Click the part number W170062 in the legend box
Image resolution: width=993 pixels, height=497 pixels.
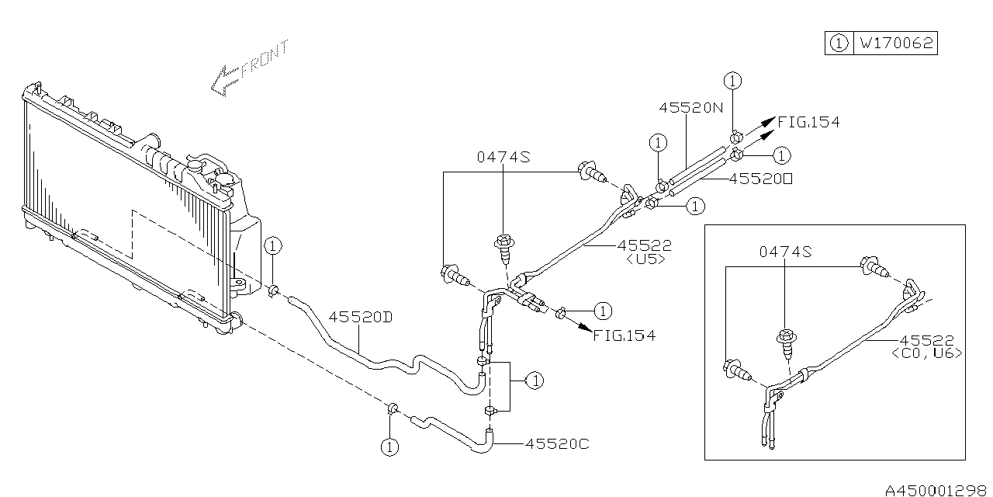(x=894, y=43)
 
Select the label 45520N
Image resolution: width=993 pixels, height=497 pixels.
(x=690, y=109)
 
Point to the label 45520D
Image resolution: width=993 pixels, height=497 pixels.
(x=359, y=317)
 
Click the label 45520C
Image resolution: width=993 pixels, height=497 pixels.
(x=557, y=443)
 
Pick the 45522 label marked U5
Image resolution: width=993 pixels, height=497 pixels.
(x=644, y=245)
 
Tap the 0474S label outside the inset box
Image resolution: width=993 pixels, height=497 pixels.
(x=503, y=157)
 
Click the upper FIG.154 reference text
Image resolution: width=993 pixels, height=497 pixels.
(x=809, y=122)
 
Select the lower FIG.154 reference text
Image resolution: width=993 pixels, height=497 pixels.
(x=625, y=335)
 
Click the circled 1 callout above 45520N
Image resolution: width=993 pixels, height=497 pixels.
(x=732, y=80)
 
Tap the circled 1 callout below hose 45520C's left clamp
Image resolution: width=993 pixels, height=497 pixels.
(x=389, y=447)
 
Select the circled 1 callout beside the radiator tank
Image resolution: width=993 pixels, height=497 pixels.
(x=272, y=246)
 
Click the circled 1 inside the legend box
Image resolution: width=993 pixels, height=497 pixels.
(x=838, y=43)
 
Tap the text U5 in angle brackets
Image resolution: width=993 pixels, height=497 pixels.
(x=644, y=259)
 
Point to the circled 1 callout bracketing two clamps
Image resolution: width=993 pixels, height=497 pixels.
(x=534, y=381)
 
